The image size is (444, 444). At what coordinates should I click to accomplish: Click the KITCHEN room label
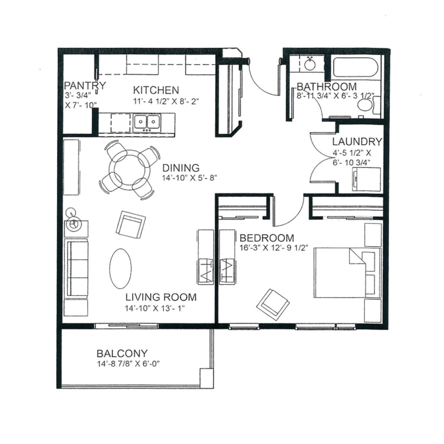(x=156, y=90)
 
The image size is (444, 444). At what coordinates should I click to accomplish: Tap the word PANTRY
(x=85, y=85)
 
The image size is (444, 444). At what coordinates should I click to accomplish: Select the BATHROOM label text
(x=326, y=86)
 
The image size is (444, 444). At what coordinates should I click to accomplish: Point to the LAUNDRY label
(x=357, y=141)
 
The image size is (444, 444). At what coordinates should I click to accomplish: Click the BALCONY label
(x=122, y=353)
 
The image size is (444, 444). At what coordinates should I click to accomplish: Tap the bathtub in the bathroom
(x=356, y=67)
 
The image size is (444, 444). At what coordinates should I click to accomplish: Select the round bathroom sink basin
(x=310, y=65)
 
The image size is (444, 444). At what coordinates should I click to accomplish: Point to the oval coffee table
(x=121, y=268)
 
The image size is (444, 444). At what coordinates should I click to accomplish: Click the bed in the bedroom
(x=347, y=273)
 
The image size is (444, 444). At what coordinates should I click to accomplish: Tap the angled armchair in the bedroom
(x=273, y=302)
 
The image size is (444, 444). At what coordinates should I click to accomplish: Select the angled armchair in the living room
(x=131, y=225)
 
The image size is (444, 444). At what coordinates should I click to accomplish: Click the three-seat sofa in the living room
(x=76, y=268)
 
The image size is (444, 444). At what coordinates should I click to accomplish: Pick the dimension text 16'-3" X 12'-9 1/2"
(x=274, y=248)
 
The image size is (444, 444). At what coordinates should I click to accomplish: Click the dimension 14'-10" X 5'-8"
(x=189, y=178)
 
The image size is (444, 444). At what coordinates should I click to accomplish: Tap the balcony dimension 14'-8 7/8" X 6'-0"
(x=128, y=364)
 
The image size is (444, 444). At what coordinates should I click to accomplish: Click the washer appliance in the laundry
(x=366, y=179)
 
